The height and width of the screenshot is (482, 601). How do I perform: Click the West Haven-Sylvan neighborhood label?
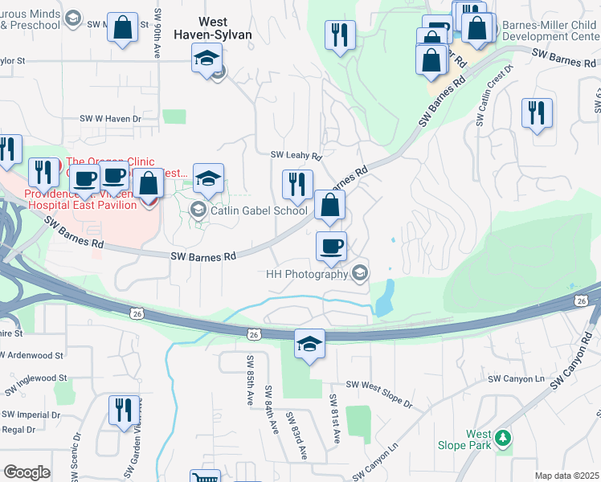[221, 29]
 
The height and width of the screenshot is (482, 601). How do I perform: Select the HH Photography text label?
[306, 274]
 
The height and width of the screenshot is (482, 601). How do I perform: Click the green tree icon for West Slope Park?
[503, 437]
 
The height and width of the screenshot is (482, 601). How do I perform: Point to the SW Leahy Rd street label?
[295, 155]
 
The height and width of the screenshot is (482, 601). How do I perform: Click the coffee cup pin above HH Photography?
[331, 246]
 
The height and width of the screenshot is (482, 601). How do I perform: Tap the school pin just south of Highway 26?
[309, 345]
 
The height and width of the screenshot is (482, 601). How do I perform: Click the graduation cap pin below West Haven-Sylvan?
[206, 58]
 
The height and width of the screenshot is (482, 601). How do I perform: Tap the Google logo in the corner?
[27, 472]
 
